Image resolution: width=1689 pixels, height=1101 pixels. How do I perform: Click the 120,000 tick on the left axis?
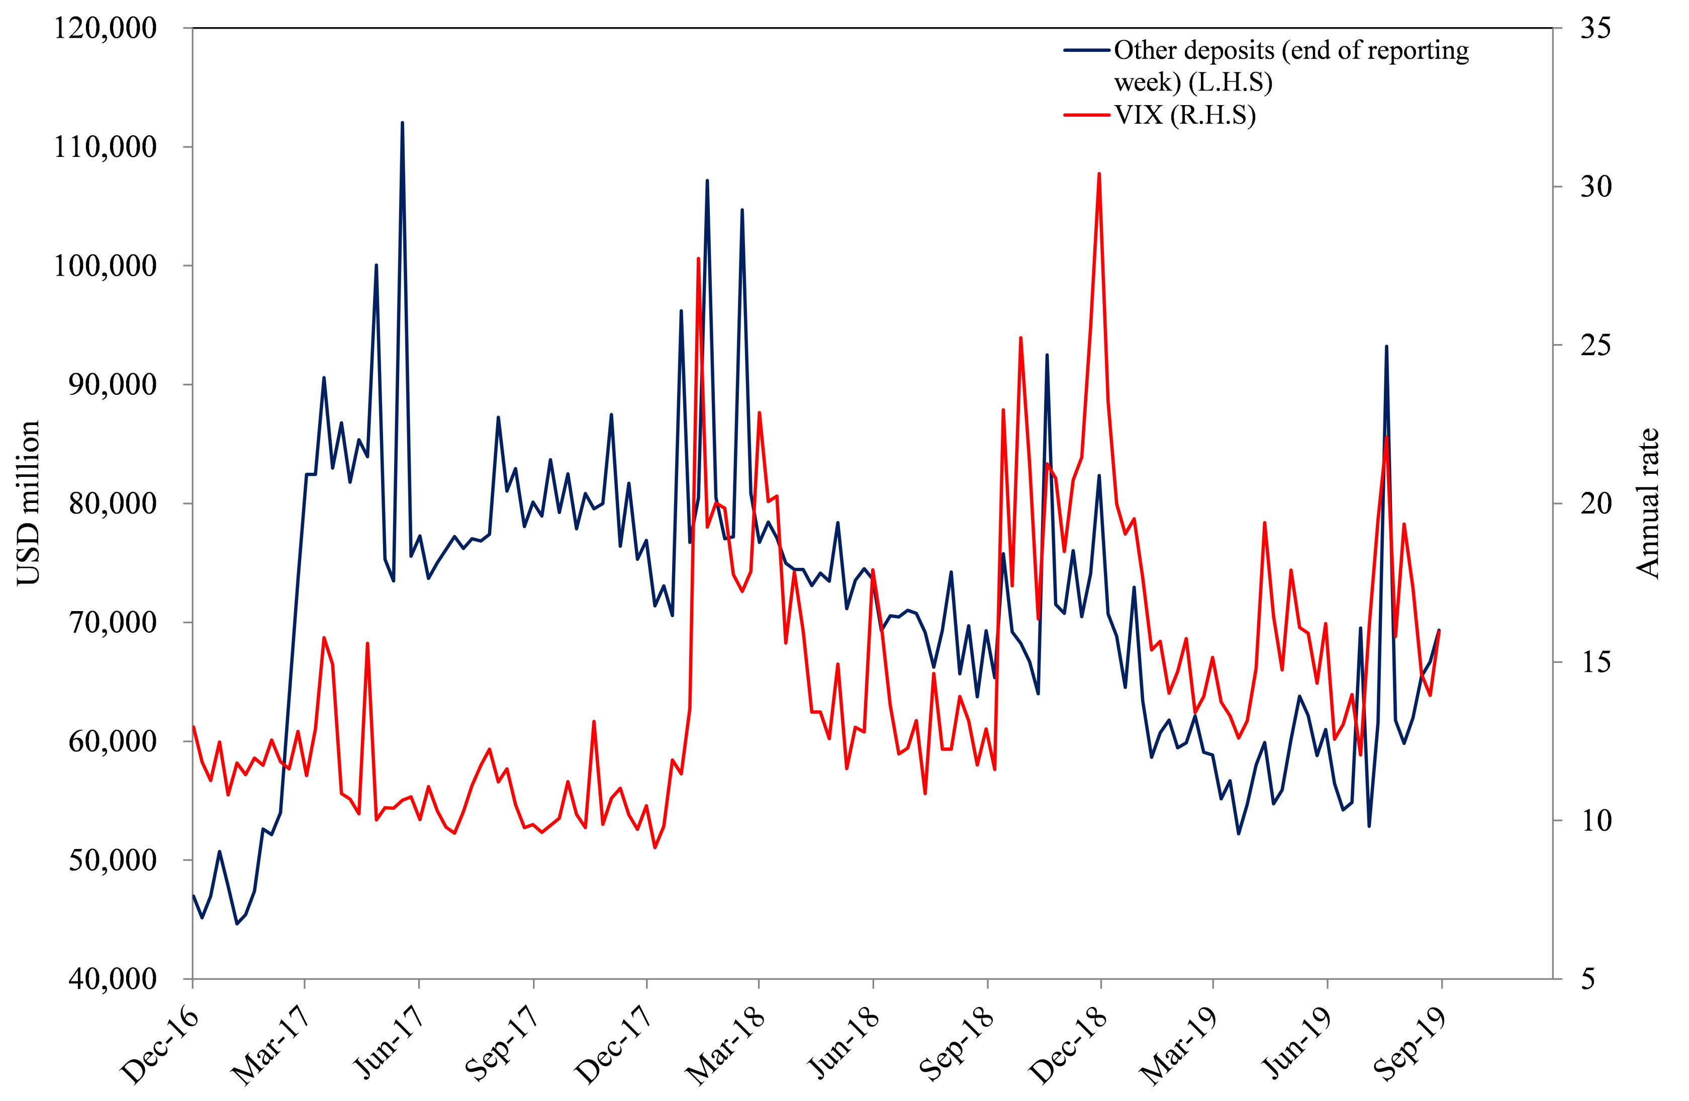(x=105, y=28)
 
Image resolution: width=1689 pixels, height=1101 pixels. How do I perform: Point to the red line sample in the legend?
(x=1086, y=115)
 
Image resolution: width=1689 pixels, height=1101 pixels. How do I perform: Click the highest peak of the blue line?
(x=402, y=123)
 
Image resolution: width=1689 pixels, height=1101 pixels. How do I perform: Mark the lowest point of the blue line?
(x=237, y=923)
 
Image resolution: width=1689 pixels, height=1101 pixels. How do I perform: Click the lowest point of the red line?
(x=654, y=848)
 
